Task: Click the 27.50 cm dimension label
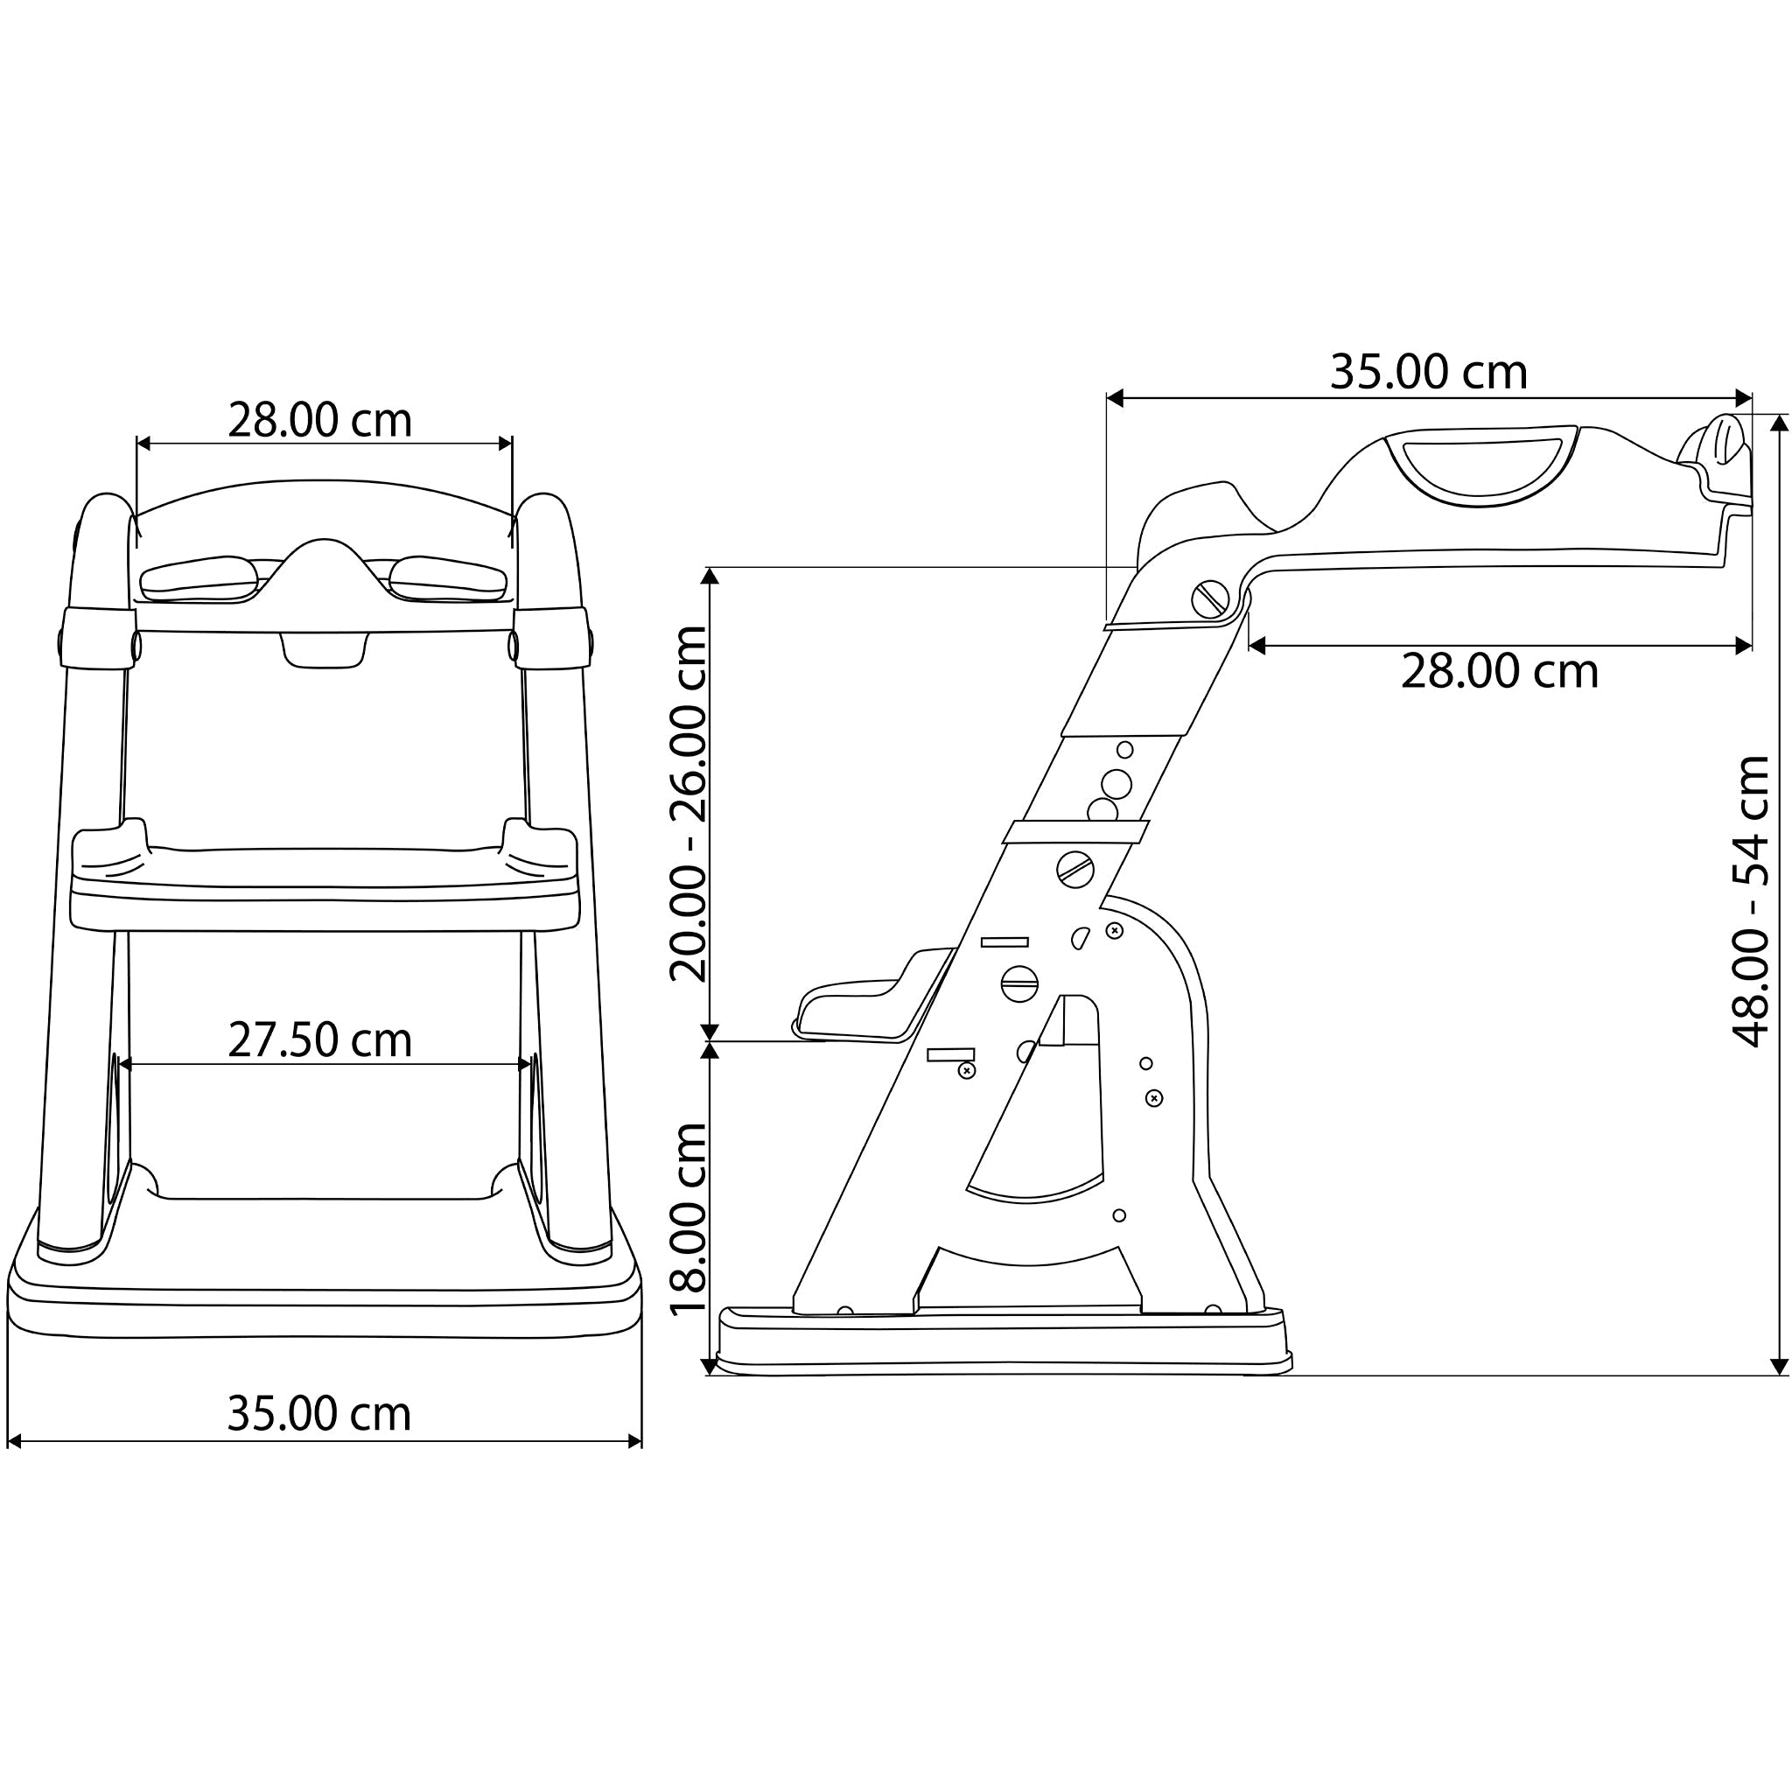(x=320, y=1040)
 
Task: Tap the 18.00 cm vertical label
(x=689, y=1219)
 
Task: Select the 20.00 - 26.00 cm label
(x=689, y=803)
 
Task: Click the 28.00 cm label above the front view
(x=320, y=420)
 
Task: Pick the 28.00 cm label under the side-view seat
(x=1500, y=670)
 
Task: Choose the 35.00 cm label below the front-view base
(x=319, y=1414)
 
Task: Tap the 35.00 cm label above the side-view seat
(x=1428, y=372)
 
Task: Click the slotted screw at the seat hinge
(x=1209, y=599)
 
